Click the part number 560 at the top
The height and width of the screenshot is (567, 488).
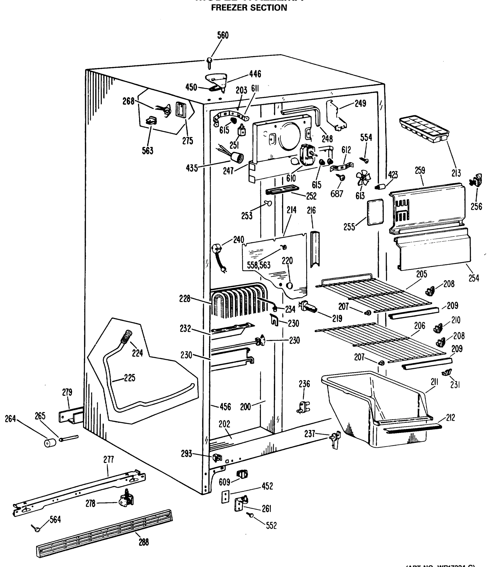pos(223,35)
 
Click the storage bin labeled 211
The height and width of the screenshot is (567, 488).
pos(378,408)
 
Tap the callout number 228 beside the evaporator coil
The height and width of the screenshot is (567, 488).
pos(185,299)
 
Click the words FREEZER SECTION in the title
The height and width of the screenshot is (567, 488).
pos(249,8)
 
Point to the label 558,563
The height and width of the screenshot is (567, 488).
pos(258,265)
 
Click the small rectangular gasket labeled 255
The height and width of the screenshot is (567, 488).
pos(375,212)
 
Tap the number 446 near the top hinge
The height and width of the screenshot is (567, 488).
pos(255,74)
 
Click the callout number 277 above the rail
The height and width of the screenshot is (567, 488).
pos(108,460)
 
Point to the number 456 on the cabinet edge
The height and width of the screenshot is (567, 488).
pos(225,407)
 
